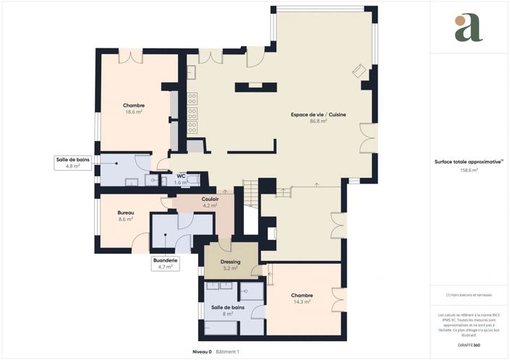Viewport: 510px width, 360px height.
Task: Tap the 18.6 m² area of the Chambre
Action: click(133, 112)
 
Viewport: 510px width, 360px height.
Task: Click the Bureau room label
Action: click(126, 213)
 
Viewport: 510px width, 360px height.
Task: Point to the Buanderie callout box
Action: click(165, 262)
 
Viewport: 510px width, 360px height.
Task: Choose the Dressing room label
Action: click(230, 262)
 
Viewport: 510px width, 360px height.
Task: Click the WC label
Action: click(181, 174)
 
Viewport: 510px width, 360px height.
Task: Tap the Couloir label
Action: click(211, 199)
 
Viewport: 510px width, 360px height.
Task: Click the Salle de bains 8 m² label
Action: click(227, 307)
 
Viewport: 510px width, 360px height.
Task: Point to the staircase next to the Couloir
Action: click(250, 194)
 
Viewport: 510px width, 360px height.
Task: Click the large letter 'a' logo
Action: click(468, 28)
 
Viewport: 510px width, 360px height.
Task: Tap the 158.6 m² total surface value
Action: click(468, 170)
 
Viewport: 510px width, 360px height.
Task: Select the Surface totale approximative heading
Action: click(468, 163)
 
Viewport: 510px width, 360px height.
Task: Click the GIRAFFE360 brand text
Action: click(468, 346)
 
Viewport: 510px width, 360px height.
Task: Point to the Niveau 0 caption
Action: click(202, 351)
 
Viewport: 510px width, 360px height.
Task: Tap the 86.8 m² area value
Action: click(319, 121)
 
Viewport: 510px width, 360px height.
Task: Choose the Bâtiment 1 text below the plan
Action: click(227, 351)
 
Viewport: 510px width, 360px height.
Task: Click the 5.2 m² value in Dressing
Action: click(230, 268)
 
